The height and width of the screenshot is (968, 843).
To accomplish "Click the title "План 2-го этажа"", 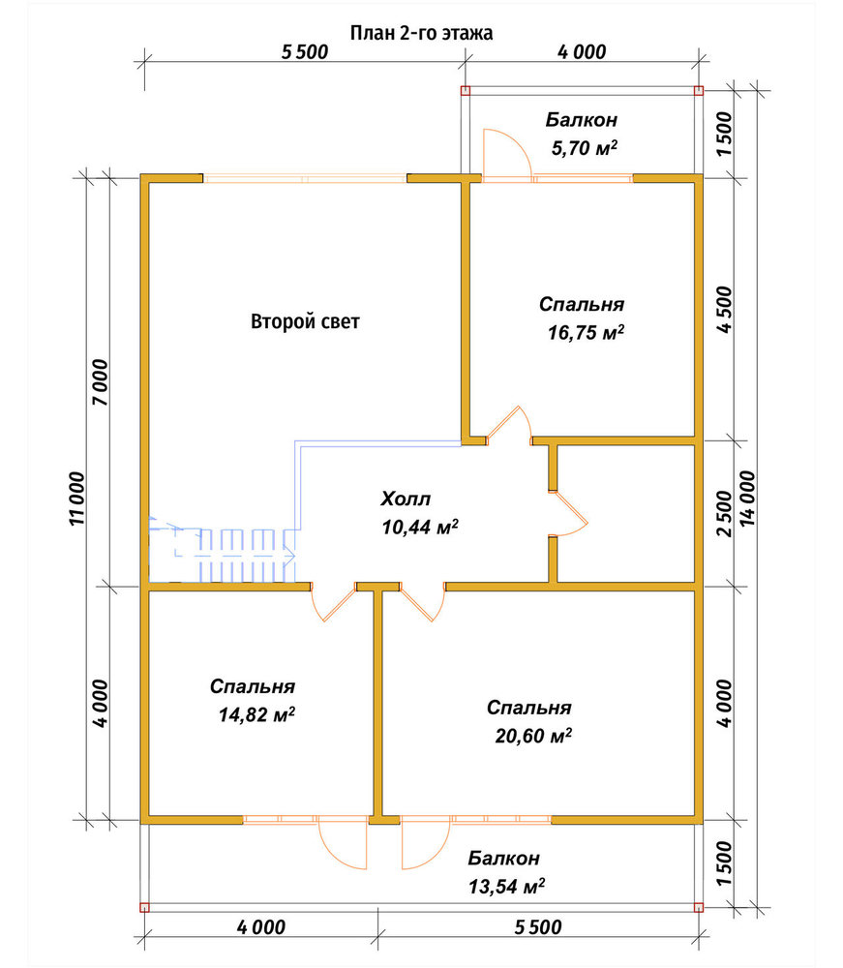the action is tap(422, 33).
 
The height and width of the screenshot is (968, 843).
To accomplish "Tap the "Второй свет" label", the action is tap(305, 321).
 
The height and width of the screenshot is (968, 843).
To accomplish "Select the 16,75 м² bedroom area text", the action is tap(586, 333).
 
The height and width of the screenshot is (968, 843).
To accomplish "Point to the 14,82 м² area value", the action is tap(256, 715).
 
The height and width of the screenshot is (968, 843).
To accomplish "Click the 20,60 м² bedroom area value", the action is tap(532, 736).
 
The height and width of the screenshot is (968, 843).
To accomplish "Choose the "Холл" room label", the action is tap(406, 499).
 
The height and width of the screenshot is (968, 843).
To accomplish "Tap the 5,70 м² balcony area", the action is tap(585, 148).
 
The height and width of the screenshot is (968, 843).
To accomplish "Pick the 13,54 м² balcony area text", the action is tap(506, 887).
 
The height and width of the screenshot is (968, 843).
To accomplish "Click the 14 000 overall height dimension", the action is tap(747, 499).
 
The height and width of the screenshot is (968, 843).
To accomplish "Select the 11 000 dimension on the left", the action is tap(77, 499).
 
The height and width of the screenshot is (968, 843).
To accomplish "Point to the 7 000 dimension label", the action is tap(100, 382).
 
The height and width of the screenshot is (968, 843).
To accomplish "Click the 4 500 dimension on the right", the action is tap(725, 310).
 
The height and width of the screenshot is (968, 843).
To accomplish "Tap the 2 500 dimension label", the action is tap(725, 514).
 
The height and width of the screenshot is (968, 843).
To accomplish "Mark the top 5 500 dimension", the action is tap(305, 52).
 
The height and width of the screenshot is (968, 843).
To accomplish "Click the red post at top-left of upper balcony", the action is tap(466, 91).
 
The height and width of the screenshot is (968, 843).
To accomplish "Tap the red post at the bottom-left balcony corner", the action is tap(144, 907).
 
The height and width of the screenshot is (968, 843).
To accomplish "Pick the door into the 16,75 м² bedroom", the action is tap(508, 425).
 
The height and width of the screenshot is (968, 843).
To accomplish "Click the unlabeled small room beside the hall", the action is tap(626, 514).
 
